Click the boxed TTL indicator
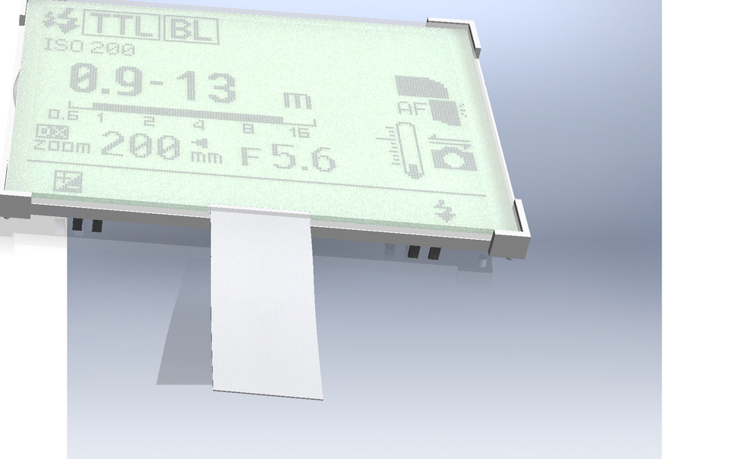[121, 24]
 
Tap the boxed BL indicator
[191, 30]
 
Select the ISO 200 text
[89, 48]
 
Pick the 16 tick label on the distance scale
[298, 134]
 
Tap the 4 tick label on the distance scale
[199, 126]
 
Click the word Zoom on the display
[62, 146]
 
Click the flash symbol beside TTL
[62, 21]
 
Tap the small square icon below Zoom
[68, 181]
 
